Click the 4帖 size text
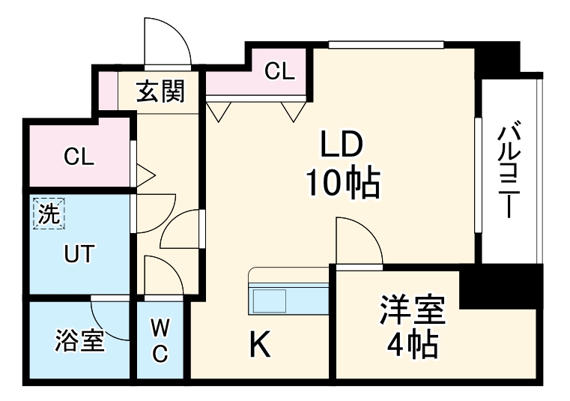tap(413, 344)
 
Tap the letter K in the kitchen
tap(259, 346)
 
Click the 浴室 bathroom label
tap(79, 341)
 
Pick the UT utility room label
tap(79, 254)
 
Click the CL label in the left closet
tap(79, 157)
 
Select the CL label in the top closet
tap(279, 71)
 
